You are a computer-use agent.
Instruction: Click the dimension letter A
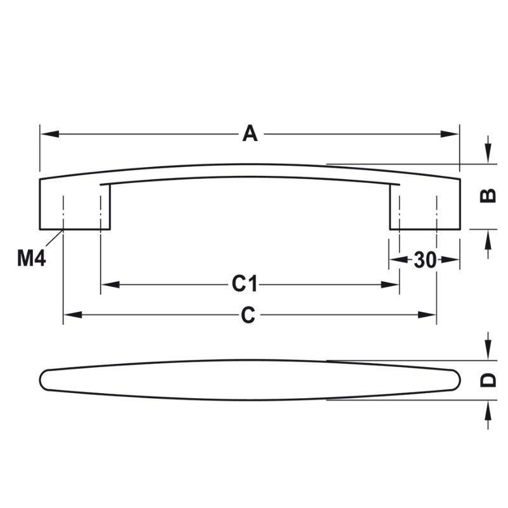pos(250,134)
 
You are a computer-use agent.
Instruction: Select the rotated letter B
pos(488,196)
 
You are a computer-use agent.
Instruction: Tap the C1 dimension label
pos(244,284)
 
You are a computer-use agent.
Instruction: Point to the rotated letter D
pos(488,380)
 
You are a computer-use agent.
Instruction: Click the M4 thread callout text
pos(31,258)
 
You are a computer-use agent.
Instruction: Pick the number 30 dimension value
pos(425,260)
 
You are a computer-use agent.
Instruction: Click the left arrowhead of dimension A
pos(50,134)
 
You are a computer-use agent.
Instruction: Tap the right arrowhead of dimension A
pos(450,134)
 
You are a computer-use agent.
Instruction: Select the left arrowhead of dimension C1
pos(110,284)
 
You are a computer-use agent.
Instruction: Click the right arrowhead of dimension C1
pos(390,284)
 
